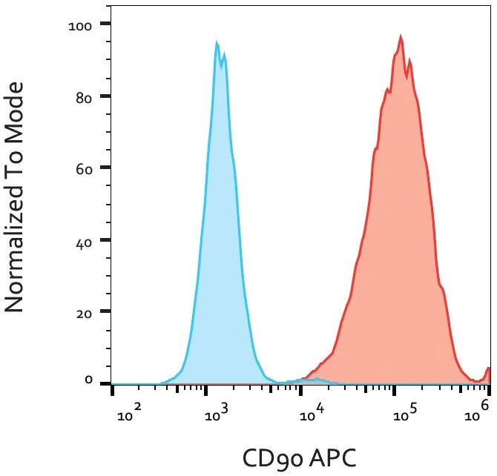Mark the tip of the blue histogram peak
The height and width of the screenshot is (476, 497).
217,42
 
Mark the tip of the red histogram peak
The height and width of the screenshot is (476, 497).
400,35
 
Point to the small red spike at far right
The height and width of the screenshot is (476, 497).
488,370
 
